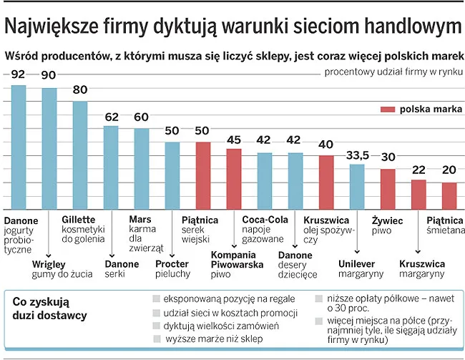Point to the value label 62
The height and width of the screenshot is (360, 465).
pos(111,117)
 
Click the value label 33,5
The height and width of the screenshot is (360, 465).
pos(358,155)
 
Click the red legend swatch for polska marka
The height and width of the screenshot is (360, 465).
pos(387,110)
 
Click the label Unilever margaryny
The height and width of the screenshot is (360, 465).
pos(361,269)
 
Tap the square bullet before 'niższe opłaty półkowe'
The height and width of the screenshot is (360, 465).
pos(318,299)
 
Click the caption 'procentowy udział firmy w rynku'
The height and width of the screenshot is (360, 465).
pos(393,72)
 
